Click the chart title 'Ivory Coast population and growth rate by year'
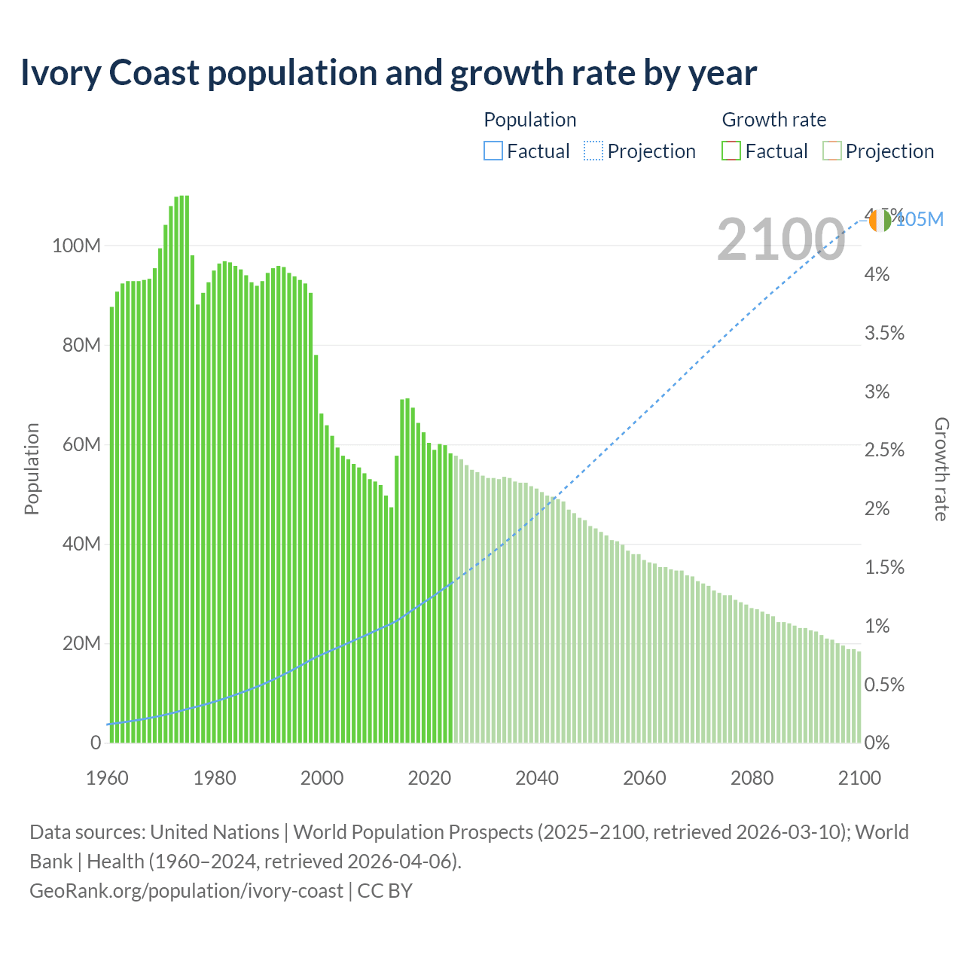click(x=388, y=73)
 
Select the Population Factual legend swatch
click(x=493, y=151)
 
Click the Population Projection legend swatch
click(x=593, y=151)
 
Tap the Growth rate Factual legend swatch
click(x=731, y=151)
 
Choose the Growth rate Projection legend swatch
click(x=831, y=151)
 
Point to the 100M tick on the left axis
click(x=76, y=246)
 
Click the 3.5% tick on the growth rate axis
click(x=883, y=333)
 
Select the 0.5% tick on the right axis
click(x=883, y=685)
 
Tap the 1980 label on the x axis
click(x=215, y=778)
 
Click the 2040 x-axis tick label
click(x=537, y=778)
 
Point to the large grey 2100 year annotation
click(x=780, y=239)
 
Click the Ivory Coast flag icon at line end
click(x=880, y=221)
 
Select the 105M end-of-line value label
click(x=920, y=219)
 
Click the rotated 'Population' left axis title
click(x=32, y=468)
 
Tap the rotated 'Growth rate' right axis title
click(x=941, y=468)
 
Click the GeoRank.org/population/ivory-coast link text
click(x=186, y=891)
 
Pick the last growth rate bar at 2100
click(x=859, y=697)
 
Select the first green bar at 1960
click(x=112, y=527)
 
